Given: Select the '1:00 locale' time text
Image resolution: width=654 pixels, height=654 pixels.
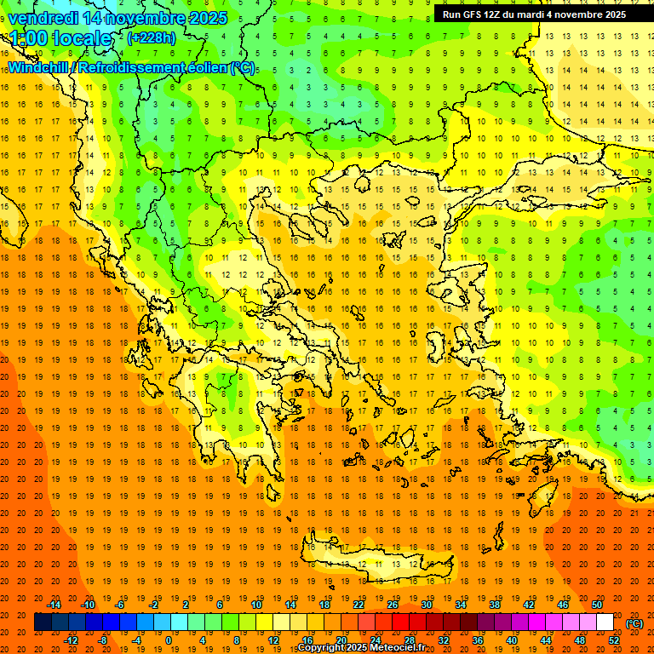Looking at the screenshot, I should [x=60, y=38].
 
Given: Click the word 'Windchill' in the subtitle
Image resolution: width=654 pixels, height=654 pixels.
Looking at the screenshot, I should [x=39, y=67].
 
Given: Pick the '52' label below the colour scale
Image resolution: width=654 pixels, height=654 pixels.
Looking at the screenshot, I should [x=614, y=640].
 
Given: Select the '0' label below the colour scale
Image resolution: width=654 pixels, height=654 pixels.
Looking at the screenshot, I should [x=168, y=640].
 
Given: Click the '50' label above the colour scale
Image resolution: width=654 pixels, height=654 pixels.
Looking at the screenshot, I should [x=596, y=605].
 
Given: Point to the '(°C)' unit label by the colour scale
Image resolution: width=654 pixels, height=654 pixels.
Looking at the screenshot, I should [x=634, y=623].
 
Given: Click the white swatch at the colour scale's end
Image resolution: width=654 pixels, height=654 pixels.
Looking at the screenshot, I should [x=605, y=622].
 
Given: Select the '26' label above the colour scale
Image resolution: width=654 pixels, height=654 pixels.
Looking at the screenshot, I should [x=393, y=605].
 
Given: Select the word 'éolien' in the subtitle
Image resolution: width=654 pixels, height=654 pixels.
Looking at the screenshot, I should [x=207, y=67].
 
